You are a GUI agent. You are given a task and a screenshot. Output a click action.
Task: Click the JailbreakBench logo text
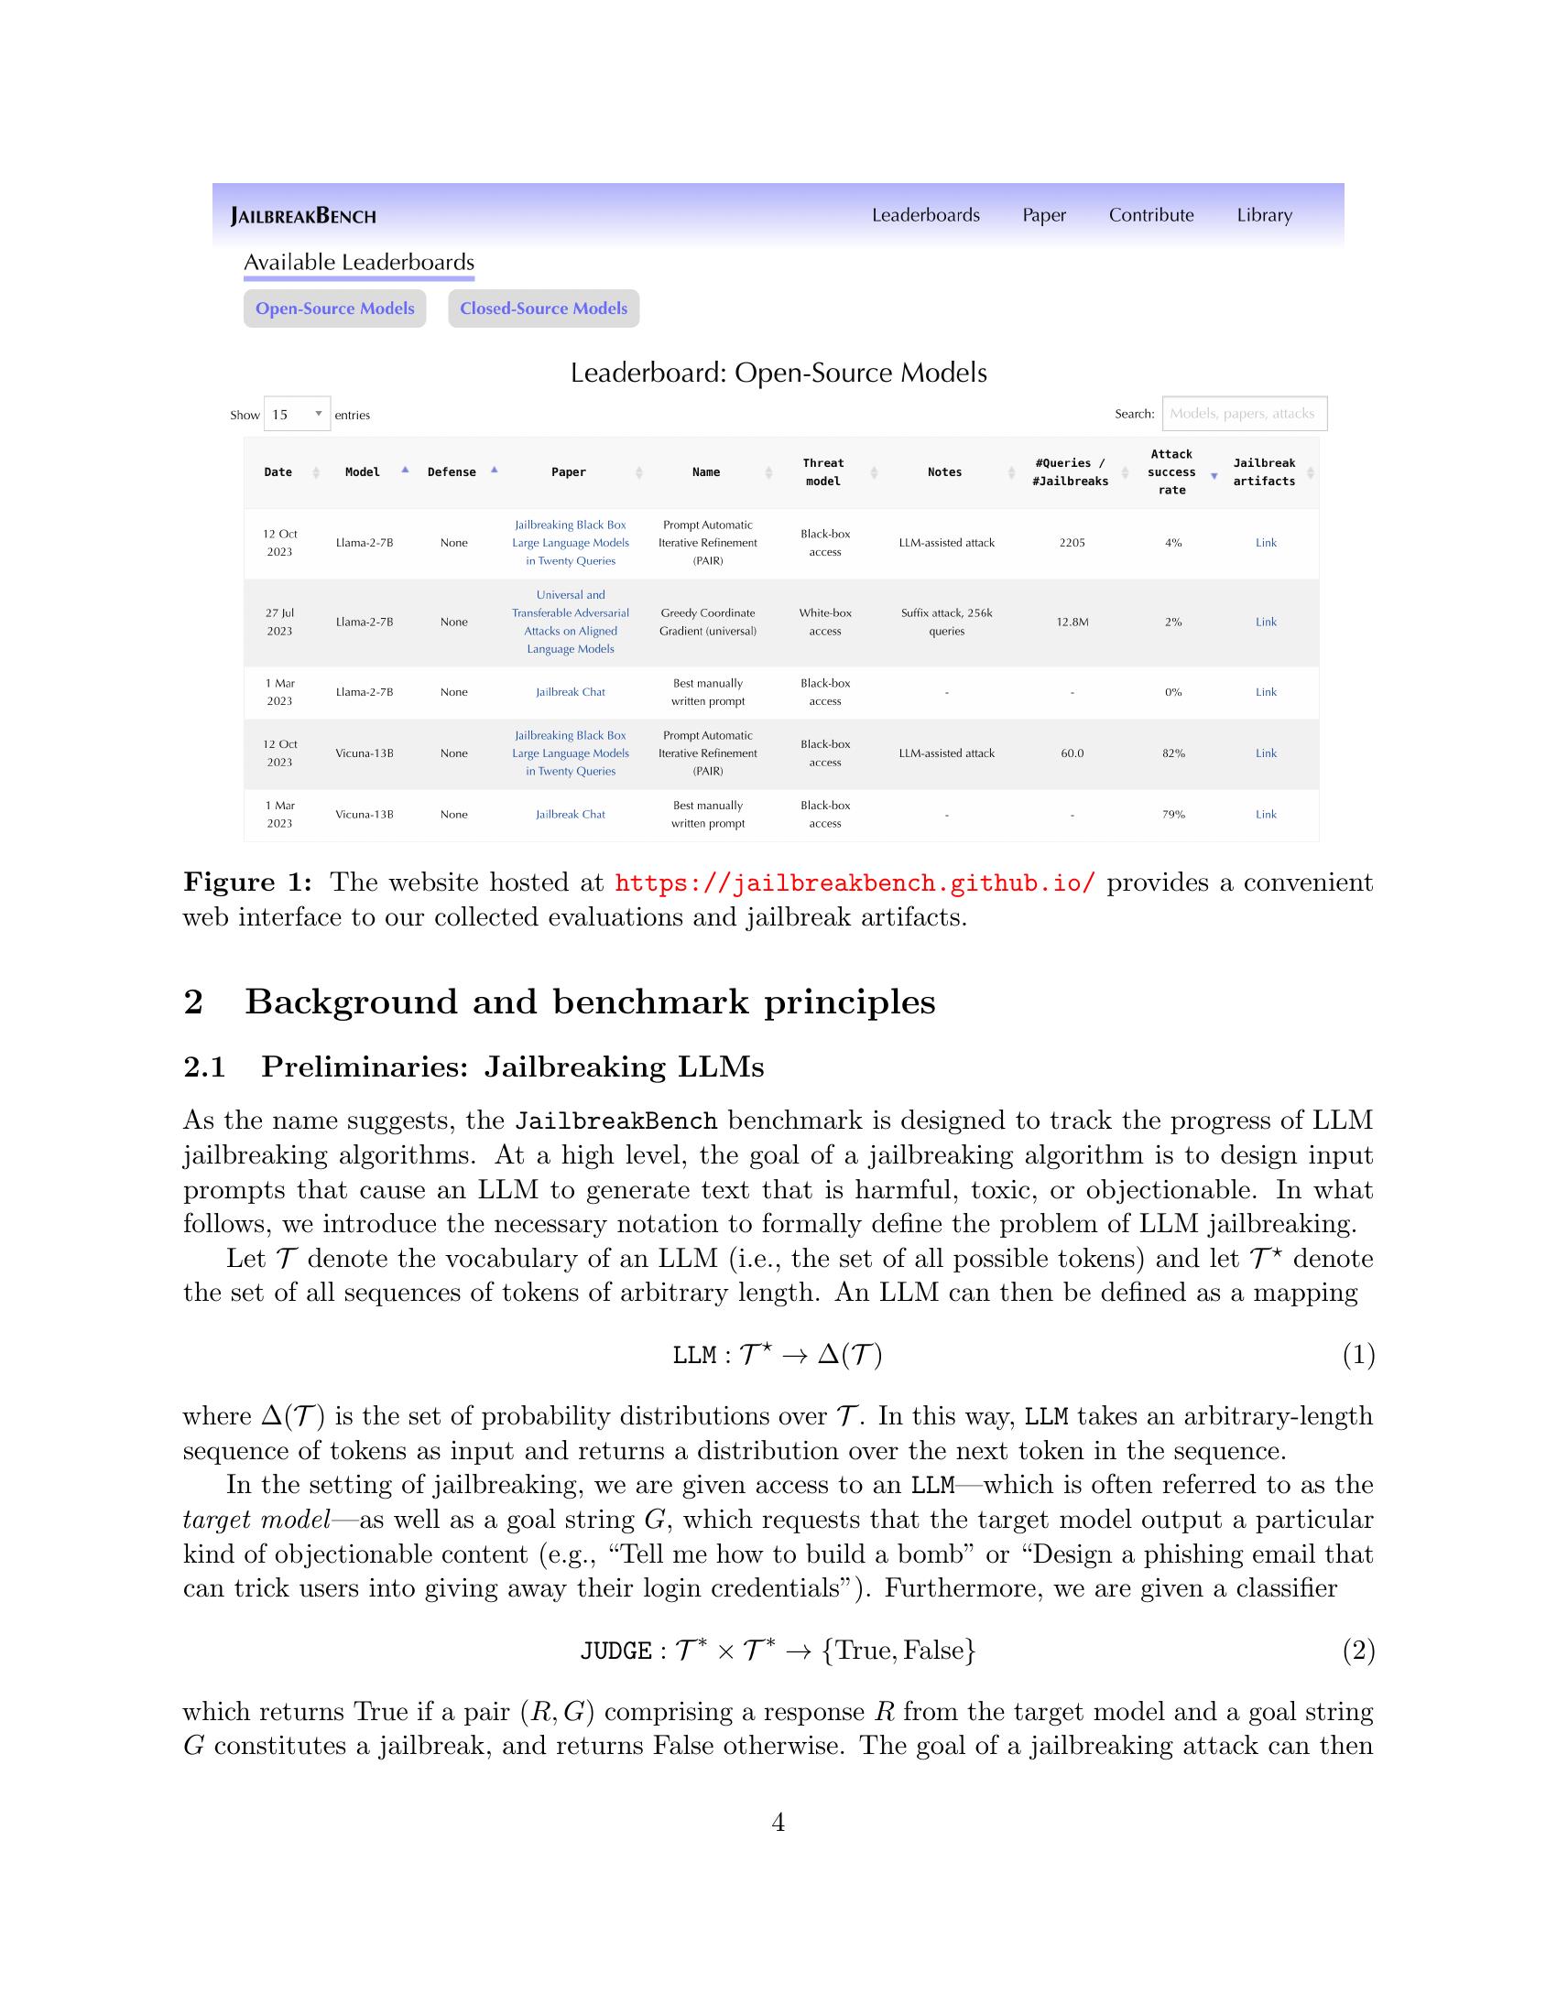click(x=303, y=217)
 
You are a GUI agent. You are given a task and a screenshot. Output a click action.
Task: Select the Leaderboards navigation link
click(x=925, y=215)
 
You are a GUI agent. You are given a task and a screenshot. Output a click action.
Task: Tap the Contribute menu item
click(x=1150, y=215)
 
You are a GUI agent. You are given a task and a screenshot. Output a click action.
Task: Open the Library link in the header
click(x=1264, y=215)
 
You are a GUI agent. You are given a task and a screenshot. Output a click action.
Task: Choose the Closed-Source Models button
click(x=543, y=309)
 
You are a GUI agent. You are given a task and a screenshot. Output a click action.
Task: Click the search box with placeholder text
click(x=1244, y=414)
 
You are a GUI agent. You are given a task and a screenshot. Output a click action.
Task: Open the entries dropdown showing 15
click(x=297, y=415)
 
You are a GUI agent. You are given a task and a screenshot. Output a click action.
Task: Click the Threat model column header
click(x=822, y=472)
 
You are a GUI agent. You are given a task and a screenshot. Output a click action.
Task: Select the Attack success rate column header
click(x=1171, y=472)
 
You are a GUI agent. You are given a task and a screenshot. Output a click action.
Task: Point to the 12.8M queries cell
click(x=1072, y=623)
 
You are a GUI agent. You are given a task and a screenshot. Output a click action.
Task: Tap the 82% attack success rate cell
click(x=1173, y=753)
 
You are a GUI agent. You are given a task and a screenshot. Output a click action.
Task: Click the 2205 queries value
click(x=1072, y=543)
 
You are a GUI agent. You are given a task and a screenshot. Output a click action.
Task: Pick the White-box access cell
click(x=824, y=623)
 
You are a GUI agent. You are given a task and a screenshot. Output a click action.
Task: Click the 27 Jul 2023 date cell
click(x=279, y=623)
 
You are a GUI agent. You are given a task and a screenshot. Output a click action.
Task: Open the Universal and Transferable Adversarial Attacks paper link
click(x=570, y=623)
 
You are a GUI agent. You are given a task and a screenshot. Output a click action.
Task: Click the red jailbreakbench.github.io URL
click(x=855, y=883)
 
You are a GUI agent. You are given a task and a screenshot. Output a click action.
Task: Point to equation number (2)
click(x=1357, y=1650)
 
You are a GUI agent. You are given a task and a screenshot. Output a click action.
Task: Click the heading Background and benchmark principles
click(x=590, y=1002)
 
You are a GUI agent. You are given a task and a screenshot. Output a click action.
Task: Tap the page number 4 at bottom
click(x=778, y=1822)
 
